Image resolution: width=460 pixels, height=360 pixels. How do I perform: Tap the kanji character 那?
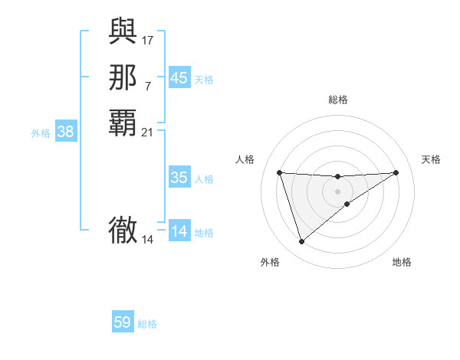click(123, 78)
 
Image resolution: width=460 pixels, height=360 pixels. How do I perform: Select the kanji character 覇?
click(123, 123)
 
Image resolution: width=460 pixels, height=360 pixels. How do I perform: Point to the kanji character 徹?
click(123, 231)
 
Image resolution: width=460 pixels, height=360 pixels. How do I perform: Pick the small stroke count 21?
click(148, 132)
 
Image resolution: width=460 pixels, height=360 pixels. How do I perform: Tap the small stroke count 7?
click(148, 85)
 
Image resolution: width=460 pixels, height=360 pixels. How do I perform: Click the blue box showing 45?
click(179, 78)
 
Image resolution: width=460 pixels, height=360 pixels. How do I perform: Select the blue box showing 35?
click(179, 178)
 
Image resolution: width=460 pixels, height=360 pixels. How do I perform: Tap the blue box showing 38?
click(66, 132)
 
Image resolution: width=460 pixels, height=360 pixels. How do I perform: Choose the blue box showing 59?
click(123, 322)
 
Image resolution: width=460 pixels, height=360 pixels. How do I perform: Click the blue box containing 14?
click(179, 231)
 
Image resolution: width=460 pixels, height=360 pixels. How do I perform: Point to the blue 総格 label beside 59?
click(147, 324)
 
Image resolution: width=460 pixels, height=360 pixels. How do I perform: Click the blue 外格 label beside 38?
click(41, 133)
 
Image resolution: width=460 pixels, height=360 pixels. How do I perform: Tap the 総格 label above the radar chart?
click(338, 100)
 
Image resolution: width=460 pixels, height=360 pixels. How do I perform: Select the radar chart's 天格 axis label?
click(432, 159)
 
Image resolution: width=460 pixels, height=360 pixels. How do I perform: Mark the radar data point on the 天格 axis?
click(396, 172)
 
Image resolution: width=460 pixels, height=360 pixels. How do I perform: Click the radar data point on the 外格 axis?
click(301, 242)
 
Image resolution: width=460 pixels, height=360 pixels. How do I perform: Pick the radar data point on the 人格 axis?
click(279, 172)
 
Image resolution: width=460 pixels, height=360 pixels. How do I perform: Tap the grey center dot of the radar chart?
click(338, 191)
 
